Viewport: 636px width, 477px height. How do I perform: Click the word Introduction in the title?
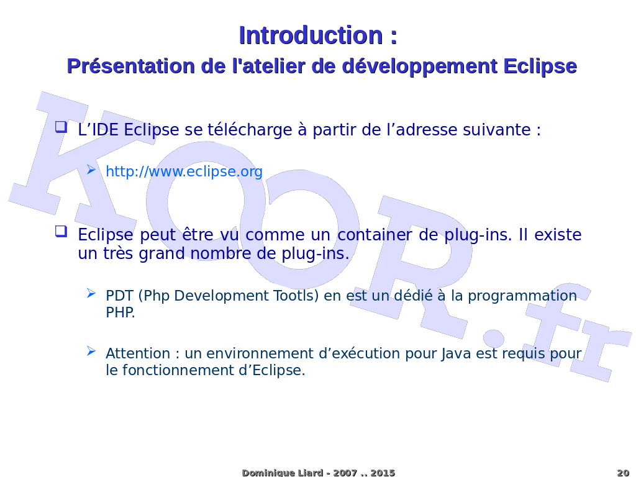[311, 35]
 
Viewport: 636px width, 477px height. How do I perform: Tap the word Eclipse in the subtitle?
[540, 66]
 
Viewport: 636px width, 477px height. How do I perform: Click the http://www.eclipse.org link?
[184, 171]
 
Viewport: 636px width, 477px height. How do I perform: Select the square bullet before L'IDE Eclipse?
[61, 127]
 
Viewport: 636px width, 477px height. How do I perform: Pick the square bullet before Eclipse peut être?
[61, 231]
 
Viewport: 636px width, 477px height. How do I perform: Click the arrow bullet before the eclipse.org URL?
[91, 170]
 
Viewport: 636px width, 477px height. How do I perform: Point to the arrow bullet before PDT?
[91, 293]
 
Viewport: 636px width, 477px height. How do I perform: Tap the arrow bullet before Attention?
[91, 352]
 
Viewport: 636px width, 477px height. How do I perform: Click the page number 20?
[623, 473]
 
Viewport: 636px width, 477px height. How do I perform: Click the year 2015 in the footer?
[383, 473]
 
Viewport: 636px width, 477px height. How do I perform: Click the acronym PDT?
[119, 296]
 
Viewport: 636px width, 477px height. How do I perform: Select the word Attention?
[138, 353]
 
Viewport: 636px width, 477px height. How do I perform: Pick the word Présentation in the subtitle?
[131, 66]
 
